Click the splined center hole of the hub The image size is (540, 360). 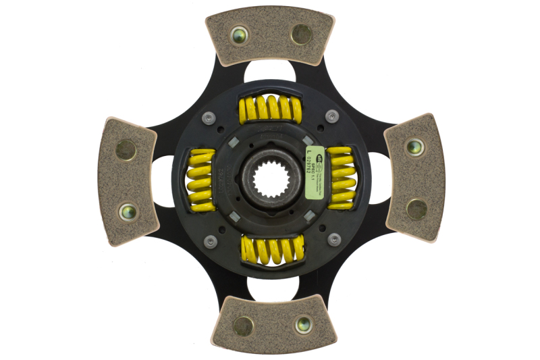(x=269, y=180)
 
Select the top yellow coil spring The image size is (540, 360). (x=270, y=109)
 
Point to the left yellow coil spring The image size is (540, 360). (x=199, y=179)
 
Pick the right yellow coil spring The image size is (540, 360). (x=341, y=178)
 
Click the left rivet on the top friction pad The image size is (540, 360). (x=238, y=34)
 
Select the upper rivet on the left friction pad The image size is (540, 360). (x=126, y=149)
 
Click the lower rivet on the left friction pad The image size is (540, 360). (x=127, y=211)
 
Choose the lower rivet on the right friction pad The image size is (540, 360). (x=416, y=209)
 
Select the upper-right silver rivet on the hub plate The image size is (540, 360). (x=331, y=115)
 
